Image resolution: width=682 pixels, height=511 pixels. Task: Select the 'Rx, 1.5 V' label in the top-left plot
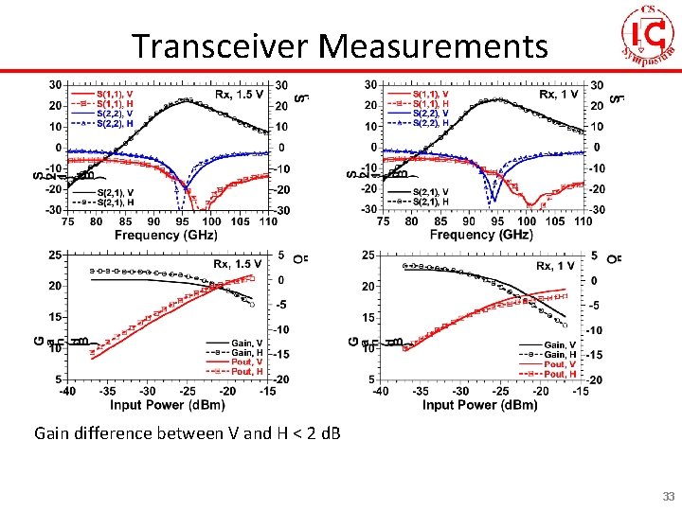click(239, 95)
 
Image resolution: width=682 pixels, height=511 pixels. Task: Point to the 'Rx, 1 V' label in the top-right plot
click(559, 95)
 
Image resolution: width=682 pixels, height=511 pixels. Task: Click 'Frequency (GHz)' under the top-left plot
click(166, 234)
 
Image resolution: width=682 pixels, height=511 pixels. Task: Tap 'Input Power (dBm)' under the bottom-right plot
click(479, 404)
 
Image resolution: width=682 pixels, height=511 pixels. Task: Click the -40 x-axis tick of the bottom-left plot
click(67, 391)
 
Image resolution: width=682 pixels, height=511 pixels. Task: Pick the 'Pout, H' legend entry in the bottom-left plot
click(247, 372)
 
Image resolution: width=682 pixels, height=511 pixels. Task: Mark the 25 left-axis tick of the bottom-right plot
click(370, 255)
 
